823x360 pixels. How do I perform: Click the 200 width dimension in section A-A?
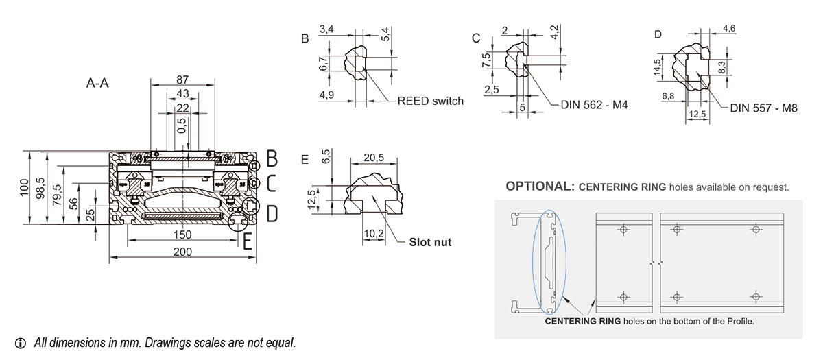(x=182, y=252)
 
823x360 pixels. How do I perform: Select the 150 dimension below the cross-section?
(x=182, y=235)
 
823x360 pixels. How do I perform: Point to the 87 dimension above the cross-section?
(x=182, y=80)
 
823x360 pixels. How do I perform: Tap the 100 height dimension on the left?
(x=25, y=187)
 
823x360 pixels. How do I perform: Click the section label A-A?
(x=99, y=84)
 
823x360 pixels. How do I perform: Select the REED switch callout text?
(x=430, y=101)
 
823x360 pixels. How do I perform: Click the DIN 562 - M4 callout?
(x=594, y=106)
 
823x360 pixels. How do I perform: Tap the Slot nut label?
(x=431, y=242)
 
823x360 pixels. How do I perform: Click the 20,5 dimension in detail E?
(x=374, y=158)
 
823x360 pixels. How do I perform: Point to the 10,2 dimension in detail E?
(x=373, y=234)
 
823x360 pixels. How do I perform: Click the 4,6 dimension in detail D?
(x=729, y=28)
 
